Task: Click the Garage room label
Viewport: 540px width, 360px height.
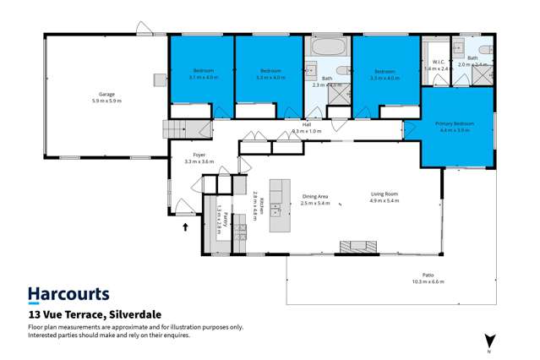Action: click(106, 94)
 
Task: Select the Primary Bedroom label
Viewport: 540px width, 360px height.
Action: click(455, 124)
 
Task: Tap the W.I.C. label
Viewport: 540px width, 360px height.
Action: click(438, 62)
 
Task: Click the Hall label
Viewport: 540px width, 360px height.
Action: click(307, 125)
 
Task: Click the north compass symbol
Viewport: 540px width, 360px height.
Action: click(488, 341)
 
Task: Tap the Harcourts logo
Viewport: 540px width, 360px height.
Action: click(68, 294)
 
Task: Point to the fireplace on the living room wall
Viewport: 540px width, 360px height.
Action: click(357, 247)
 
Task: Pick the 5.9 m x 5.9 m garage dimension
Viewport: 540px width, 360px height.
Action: click(106, 101)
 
